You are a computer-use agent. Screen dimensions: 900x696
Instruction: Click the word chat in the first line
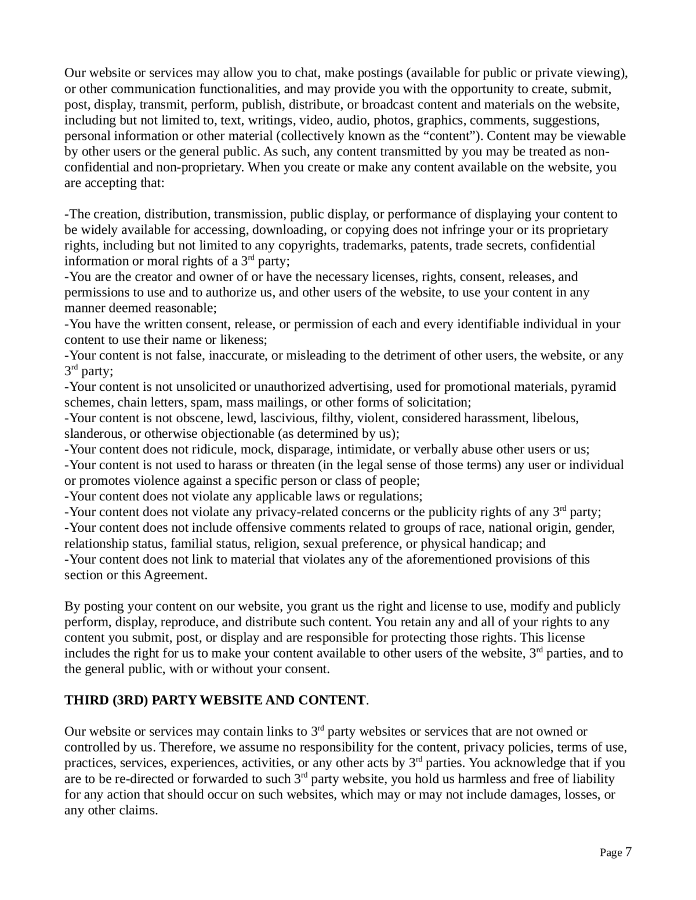click(308, 73)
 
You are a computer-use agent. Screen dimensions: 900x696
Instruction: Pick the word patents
click(431, 245)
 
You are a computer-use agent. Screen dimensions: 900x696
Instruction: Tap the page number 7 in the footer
click(628, 852)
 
